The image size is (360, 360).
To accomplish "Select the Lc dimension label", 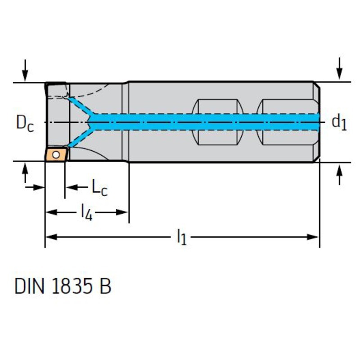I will (99, 187).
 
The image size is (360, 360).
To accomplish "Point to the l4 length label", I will (86, 211).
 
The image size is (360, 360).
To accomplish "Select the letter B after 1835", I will (105, 286).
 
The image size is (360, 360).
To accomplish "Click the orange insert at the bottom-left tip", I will (56, 154).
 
